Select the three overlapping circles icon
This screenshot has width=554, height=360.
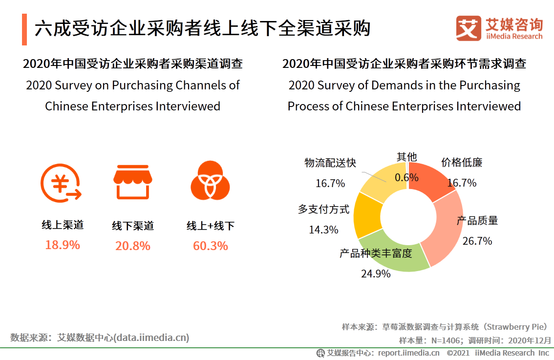[210, 181]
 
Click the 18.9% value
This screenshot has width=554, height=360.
[63, 245]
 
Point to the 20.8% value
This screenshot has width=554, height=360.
[133, 246]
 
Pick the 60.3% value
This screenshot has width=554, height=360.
[211, 246]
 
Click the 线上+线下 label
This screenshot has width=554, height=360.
[211, 226]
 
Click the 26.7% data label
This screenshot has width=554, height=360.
[478, 241]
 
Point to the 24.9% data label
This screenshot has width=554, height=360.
[376, 274]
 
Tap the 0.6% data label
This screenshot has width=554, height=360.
[406, 177]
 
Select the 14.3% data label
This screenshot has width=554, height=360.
[323, 230]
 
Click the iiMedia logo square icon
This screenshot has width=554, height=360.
[469, 28]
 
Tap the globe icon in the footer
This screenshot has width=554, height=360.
[320, 353]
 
